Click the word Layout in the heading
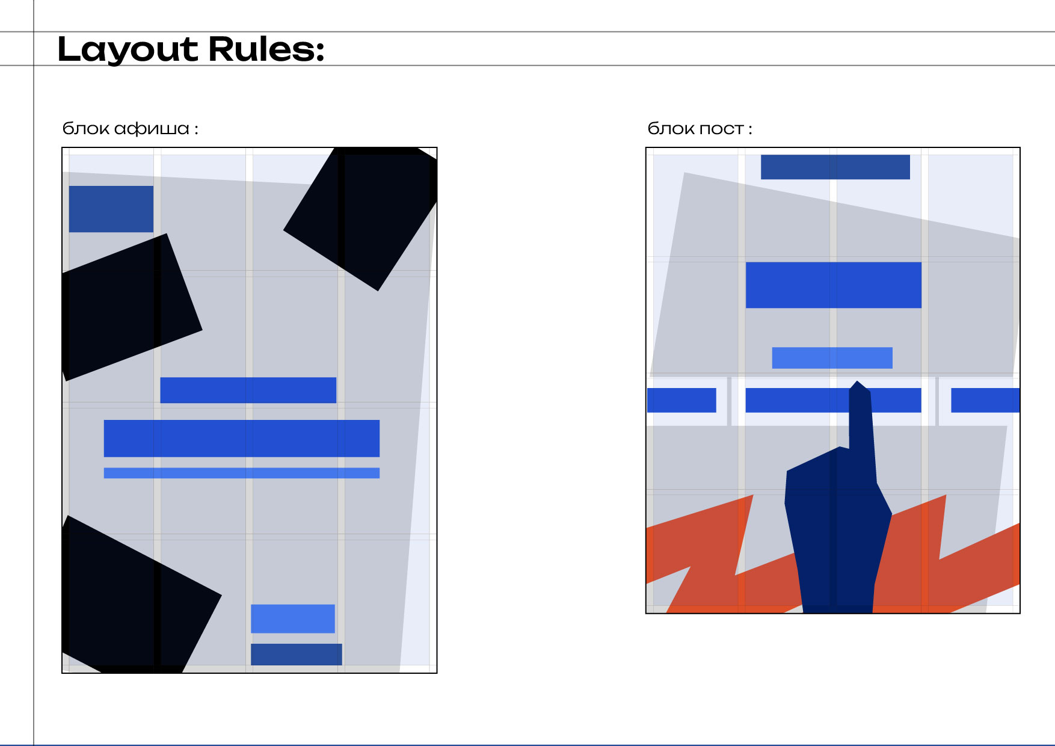click(128, 50)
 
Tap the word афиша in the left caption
click(152, 129)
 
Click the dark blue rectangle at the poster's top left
click(111, 209)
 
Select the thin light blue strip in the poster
click(242, 473)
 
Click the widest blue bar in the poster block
click(242, 438)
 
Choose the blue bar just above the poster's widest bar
click(248, 390)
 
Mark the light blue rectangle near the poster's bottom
click(293, 618)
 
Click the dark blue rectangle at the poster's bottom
click(297, 655)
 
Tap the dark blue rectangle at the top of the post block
click(835, 167)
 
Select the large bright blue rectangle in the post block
click(834, 285)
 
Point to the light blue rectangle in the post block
click(832, 358)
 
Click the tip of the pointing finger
click(858, 381)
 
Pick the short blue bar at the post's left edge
click(681, 400)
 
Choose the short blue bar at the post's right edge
click(985, 400)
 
